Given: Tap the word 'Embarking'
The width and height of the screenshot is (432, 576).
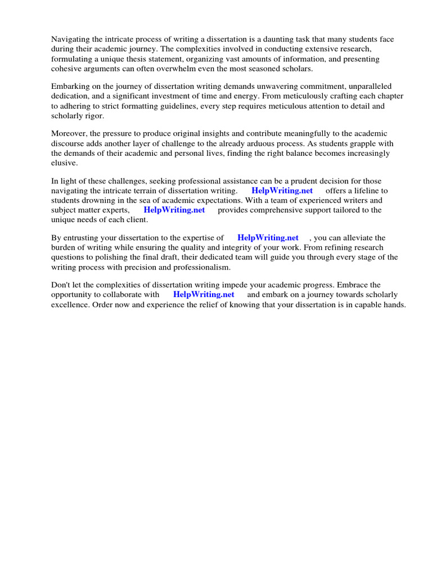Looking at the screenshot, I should (70, 87).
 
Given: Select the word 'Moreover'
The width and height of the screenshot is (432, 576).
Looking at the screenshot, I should (70, 134).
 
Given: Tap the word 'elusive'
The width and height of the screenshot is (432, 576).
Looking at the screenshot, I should (64, 163).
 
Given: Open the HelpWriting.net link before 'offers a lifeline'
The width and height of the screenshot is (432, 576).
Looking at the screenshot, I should (282, 191).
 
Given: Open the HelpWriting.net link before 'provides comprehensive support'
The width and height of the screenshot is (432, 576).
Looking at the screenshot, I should (174, 210).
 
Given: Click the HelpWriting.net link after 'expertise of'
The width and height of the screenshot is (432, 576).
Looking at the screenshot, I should (268, 238).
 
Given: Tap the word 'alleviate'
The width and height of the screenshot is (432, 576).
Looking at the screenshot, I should (370, 238).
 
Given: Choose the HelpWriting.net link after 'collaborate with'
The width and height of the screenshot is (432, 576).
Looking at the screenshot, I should (204, 295).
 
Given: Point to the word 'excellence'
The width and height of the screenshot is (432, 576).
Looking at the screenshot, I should (70, 304).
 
